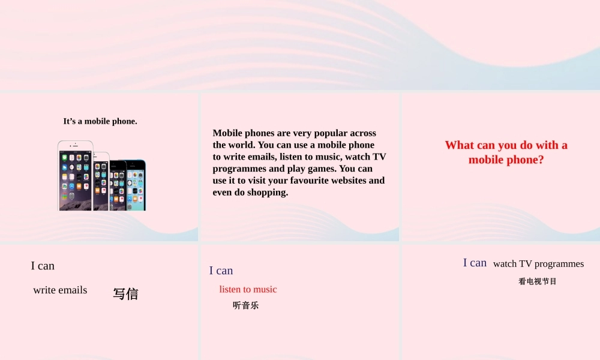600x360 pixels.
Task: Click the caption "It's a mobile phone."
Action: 100,121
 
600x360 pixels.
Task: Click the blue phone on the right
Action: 137,186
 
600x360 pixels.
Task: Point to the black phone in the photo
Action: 118,186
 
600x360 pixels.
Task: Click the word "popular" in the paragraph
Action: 329,133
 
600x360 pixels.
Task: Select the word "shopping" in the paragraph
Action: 267,193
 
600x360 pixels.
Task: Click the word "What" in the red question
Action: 460,145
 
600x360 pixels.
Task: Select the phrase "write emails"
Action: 60,290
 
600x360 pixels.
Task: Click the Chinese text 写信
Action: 125,294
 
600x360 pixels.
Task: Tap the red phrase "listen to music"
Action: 248,289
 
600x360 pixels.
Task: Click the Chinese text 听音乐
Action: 245,305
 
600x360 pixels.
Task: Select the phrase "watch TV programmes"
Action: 538,264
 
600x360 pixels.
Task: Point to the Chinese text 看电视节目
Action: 538,281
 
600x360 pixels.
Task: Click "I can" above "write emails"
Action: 43,266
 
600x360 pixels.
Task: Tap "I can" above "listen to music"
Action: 221,271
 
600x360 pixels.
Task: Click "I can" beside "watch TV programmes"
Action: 475,263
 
